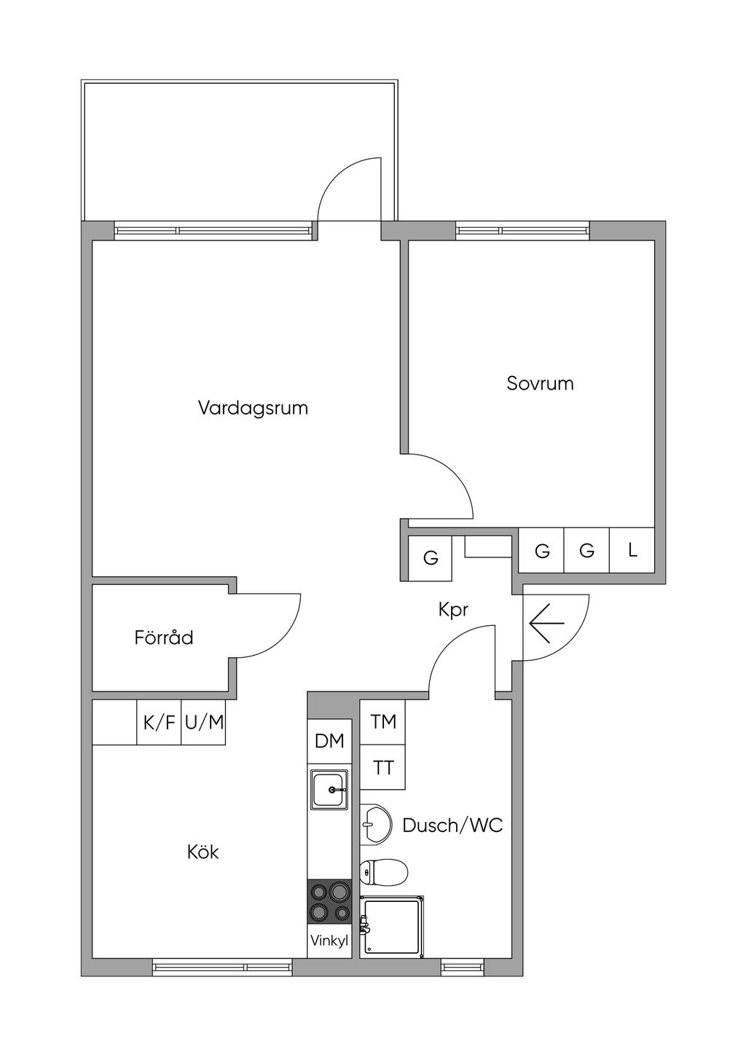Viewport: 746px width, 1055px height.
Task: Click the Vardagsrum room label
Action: [x=253, y=407]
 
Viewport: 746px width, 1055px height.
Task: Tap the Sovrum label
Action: [x=540, y=383]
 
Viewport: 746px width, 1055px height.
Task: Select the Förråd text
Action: [x=164, y=638]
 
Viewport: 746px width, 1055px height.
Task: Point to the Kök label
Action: [x=203, y=852]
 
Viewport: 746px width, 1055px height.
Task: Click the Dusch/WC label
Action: [x=452, y=825]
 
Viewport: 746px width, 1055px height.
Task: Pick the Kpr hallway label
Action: [x=453, y=610]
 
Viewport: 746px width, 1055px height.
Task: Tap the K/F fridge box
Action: [x=159, y=723]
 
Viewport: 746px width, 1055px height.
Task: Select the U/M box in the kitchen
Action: [x=204, y=723]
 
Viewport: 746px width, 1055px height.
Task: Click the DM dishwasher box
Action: [x=329, y=742]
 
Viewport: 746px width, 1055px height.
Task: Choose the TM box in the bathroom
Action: [x=383, y=721]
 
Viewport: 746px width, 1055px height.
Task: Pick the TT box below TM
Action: [x=383, y=767]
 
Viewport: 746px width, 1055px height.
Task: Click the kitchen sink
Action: [x=330, y=789]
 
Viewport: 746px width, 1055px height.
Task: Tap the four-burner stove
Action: [x=329, y=901]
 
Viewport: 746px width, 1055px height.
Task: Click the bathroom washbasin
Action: [x=375, y=825]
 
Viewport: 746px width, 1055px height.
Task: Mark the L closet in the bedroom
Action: [x=632, y=550]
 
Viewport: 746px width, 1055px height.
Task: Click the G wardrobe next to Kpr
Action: [x=431, y=558]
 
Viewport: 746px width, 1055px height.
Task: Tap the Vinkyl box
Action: [x=329, y=941]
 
